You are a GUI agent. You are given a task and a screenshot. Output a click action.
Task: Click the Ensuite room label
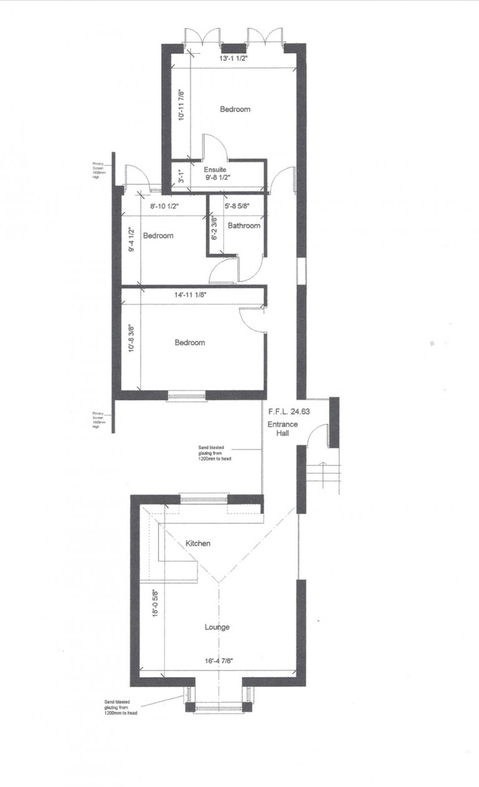(x=215, y=169)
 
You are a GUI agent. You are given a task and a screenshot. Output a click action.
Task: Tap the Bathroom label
(x=243, y=226)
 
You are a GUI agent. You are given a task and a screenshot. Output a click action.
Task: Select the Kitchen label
(x=198, y=544)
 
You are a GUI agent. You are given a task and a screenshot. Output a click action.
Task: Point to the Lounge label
(x=217, y=627)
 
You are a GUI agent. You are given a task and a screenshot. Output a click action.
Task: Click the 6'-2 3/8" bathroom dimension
(x=215, y=229)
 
